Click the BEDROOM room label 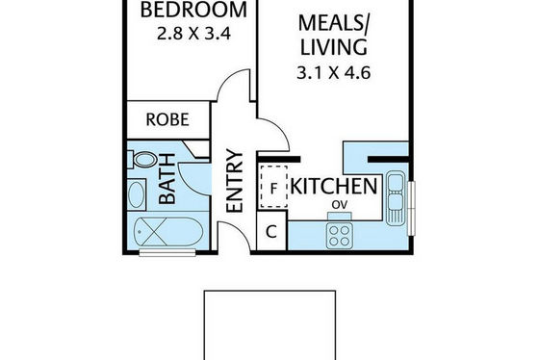(x=193, y=10)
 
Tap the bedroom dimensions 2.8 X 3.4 (x=193, y=34)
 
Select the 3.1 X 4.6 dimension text (x=333, y=73)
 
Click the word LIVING (x=334, y=47)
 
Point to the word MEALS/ (x=333, y=23)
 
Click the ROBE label (x=167, y=119)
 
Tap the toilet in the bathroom (x=142, y=160)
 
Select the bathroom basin (x=137, y=194)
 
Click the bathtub (x=168, y=231)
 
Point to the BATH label (x=167, y=179)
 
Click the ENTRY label (x=235, y=181)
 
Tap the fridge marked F (x=273, y=187)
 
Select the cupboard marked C (x=271, y=231)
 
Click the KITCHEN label (x=334, y=187)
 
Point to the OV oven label (x=340, y=205)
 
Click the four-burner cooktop (x=339, y=235)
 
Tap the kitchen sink (x=396, y=198)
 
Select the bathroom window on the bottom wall (x=167, y=253)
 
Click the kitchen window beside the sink (x=412, y=208)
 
